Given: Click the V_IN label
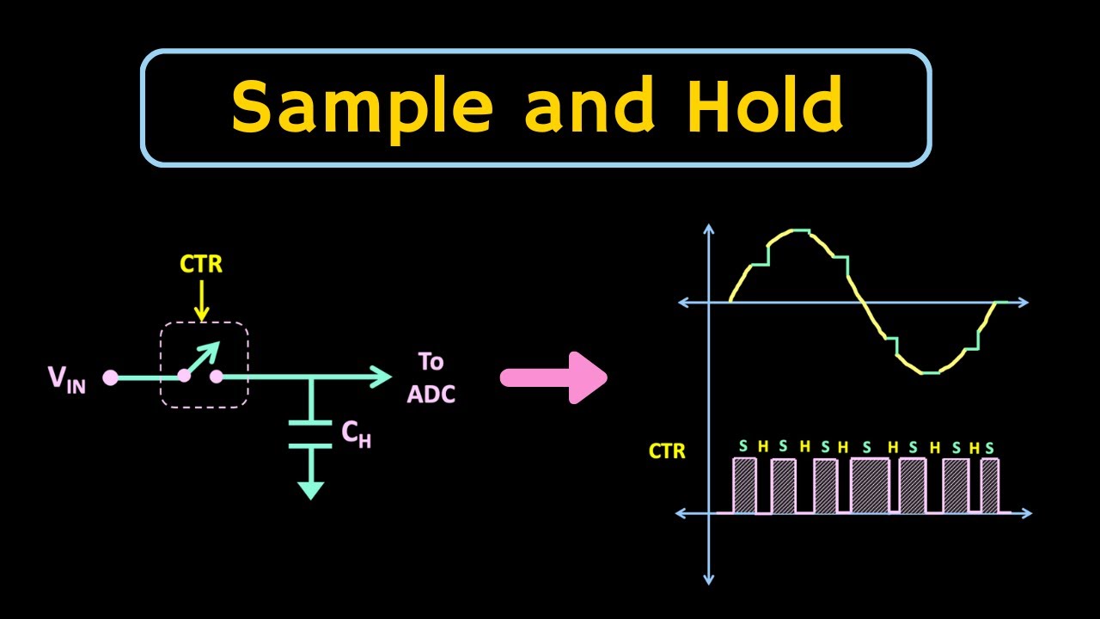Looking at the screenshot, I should point(66,378).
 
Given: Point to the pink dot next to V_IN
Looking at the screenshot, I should point(110,377).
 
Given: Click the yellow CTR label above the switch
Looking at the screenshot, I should point(201,264).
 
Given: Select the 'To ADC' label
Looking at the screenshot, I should point(431,377).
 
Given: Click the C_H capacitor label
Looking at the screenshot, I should point(356,435).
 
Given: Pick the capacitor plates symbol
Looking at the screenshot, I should point(310,434).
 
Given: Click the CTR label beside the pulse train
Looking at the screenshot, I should point(667,450).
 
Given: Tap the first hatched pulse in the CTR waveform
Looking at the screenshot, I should point(744,486).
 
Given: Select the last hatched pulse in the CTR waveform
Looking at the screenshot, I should point(989,486).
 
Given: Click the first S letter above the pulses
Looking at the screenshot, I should point(743,446).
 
